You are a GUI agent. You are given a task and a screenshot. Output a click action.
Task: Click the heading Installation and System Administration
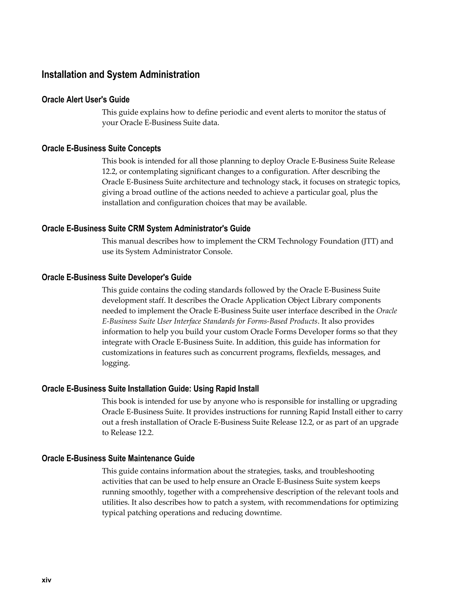(x=121, y=75)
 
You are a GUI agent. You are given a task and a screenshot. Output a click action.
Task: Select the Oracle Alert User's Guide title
(x=85, y=100)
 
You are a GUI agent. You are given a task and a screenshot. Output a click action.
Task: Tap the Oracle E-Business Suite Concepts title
(x=101, y=148)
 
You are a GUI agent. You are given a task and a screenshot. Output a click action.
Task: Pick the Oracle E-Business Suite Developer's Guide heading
(x=117, y=277)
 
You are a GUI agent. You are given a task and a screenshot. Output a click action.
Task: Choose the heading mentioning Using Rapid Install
(x=150, y=389)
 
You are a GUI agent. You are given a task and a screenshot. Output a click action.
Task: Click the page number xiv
(x=46, y=580)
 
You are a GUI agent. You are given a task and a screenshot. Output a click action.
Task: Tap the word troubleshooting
(x=347, y=471)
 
